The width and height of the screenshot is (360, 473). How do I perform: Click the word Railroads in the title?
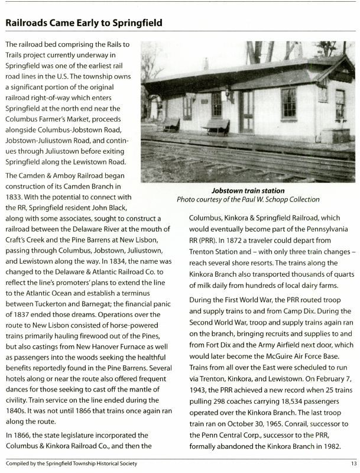click(29, 23)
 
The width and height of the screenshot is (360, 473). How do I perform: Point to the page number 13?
click(353, 464)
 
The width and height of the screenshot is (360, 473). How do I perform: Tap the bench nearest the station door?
click(216, 126)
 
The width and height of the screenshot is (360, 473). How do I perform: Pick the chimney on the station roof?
click(205, 63)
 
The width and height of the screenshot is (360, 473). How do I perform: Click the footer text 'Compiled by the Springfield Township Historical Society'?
click(71, 464)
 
